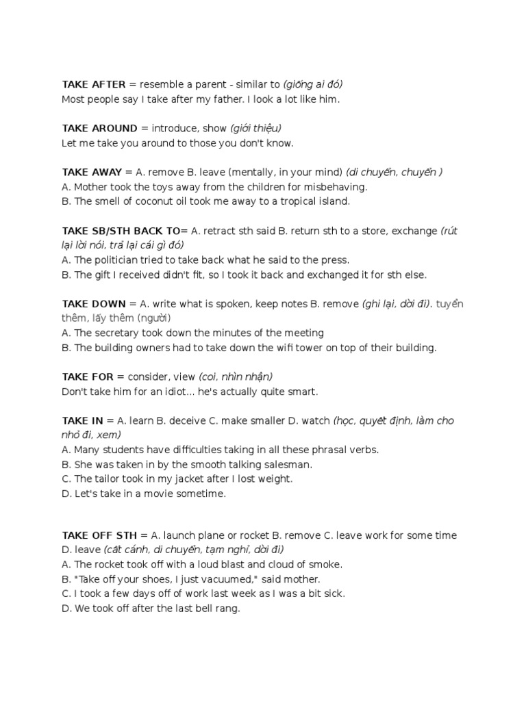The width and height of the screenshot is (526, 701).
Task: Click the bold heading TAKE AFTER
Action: pos(94,85)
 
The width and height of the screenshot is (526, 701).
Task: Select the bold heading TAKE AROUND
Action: pos(100,129)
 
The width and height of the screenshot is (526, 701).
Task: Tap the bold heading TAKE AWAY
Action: pos(92,173)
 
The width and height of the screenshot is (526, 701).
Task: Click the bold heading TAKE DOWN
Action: pos(94,304)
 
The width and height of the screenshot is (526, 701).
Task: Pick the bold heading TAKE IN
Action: pos(82,421)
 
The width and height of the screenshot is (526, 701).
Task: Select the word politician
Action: pos(119,260)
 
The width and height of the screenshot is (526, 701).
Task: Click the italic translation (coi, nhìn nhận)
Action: pos(236,377)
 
